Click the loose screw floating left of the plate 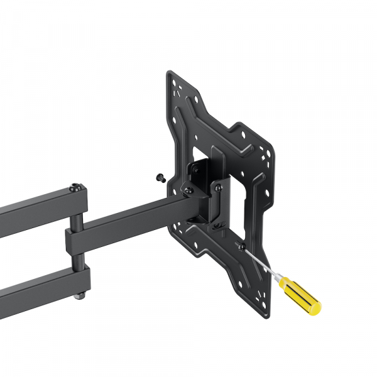click(x=161, y=178)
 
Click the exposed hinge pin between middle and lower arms click(x=76, y=259)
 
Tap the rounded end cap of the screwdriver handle click(x=316, y=307)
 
